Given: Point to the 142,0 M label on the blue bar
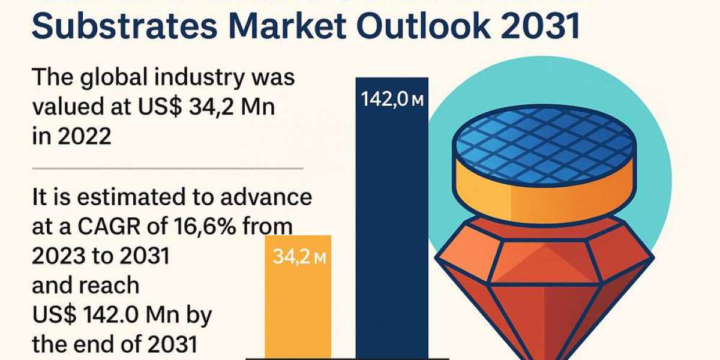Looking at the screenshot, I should pyautogui.click(x=392, y=100).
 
